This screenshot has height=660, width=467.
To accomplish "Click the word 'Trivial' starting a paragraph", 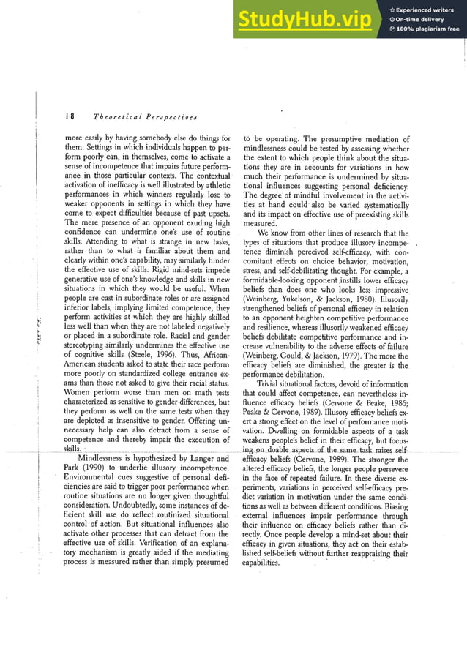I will click(x=272, y=383).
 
